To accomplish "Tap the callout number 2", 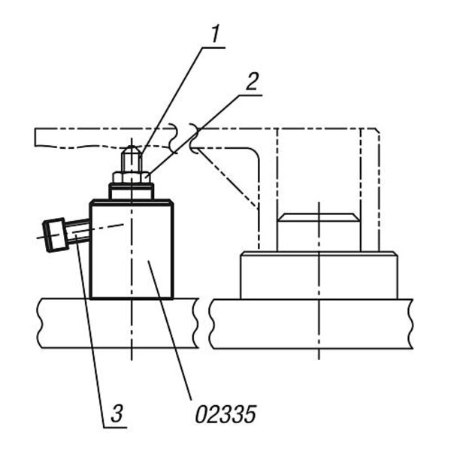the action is [252, 81].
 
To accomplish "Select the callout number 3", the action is [117, 413].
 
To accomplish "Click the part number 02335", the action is [225, 414].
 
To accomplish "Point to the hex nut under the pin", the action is [132, 177].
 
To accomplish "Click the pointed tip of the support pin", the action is [132, 147].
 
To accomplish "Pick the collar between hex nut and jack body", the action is [132, 191].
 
